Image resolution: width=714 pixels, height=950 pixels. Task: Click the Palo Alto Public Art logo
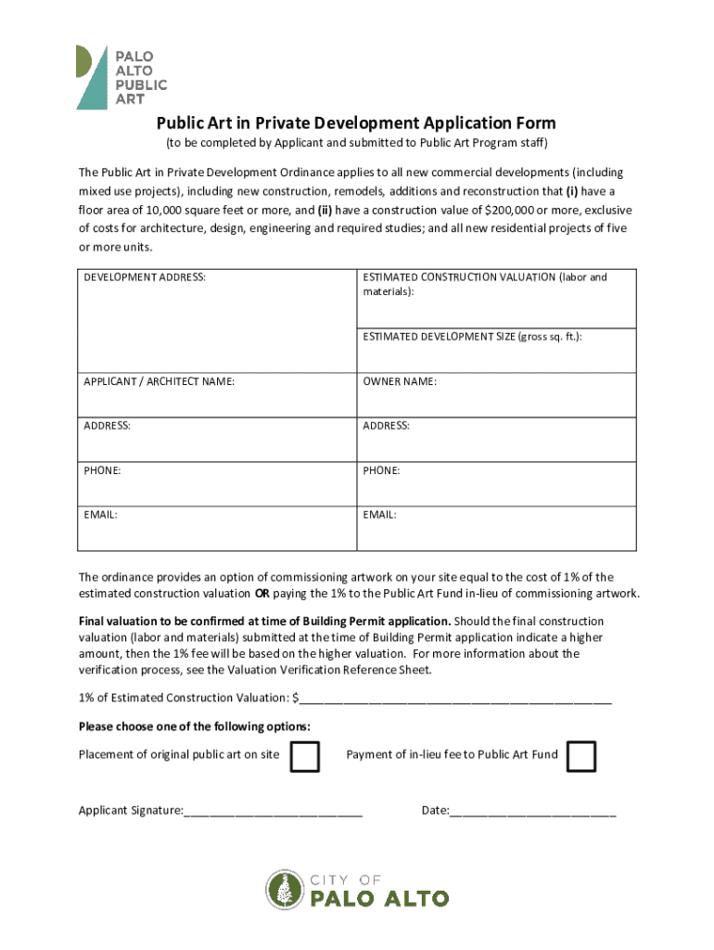(x=121, y=76)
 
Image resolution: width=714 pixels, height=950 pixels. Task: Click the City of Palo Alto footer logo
(x=357, y=891)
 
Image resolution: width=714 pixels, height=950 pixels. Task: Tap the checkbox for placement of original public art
(x=304, y=756)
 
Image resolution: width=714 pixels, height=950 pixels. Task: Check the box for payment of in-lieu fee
(x=581, y=756)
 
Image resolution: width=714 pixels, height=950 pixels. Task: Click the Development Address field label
(x=145, y=277)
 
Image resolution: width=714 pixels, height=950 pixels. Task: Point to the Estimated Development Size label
(x=472, y=337)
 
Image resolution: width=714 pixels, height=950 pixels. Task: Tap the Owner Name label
(x=400, y=381)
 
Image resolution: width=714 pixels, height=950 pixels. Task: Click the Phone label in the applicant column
(x=102, y=470)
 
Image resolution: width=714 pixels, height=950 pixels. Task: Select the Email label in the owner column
(x=379, y=515)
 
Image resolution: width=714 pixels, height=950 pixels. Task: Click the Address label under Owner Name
(x=386, y=426)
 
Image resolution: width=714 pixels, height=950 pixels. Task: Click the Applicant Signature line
(x=273, y=812)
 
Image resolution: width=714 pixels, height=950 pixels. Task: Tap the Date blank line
(x=532, y=812)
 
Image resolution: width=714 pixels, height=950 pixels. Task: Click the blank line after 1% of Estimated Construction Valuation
(x=454, y=700)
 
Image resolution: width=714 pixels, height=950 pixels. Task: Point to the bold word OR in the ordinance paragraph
(x=262, y=594)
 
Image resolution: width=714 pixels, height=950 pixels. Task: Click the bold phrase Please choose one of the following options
(x=195, y=725)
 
